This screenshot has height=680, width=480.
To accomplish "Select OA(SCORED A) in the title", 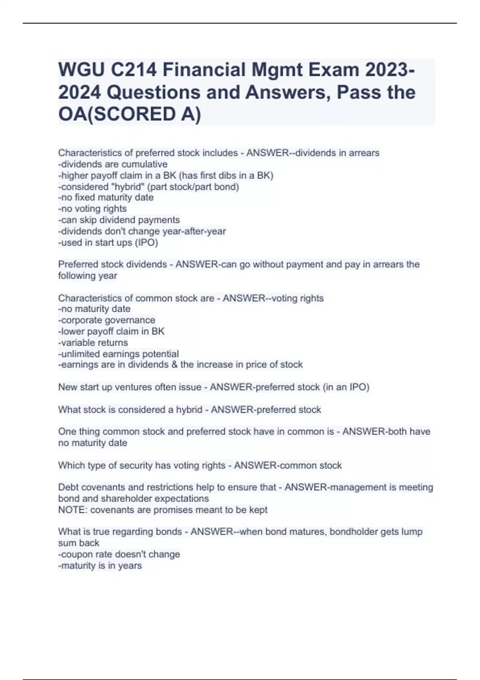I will point(130,115).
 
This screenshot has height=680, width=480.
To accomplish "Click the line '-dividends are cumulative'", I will point(113,164).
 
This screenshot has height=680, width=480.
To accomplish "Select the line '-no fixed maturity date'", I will point(106,198).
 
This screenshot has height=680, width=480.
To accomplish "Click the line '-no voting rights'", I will point(92,209).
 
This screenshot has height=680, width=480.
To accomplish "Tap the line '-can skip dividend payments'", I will point(119,220).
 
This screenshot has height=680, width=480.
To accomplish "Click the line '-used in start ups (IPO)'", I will point(108,243).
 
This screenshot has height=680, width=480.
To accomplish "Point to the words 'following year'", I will point(88,276).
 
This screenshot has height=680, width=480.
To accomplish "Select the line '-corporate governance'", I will point(107,320).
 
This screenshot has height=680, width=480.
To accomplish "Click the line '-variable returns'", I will point(93,343).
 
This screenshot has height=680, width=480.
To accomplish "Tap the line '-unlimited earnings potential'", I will point(118,354).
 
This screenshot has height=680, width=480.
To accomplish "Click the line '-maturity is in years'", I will point(100,566).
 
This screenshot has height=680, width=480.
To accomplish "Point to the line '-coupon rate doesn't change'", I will point(119,555).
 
